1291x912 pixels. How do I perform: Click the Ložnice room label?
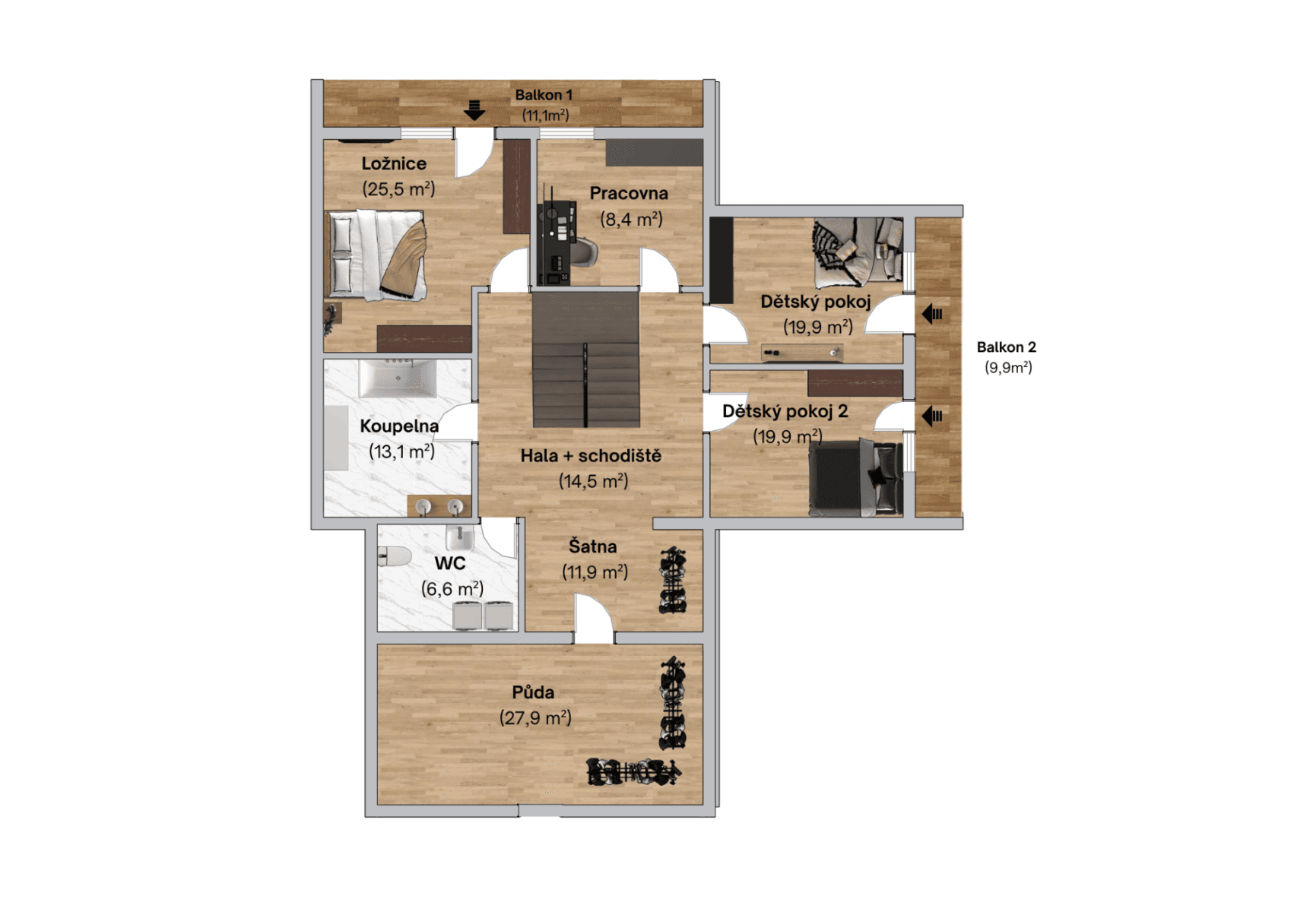[x=393, y=163]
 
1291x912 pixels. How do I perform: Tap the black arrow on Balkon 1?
[x=474, y=110]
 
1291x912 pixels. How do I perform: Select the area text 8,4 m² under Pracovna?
[x=631, y=220]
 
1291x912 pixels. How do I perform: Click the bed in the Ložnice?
[x=376, y=255]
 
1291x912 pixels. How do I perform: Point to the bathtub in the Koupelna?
[x=398, y=378]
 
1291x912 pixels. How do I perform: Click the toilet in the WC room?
[x=393, y=557]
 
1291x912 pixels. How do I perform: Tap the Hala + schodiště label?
[x=591, y=456]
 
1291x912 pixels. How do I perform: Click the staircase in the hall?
[x=585, y=361]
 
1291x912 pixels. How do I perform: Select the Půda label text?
[x=533, y=692]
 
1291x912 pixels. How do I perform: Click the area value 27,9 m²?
[x=535, y=717]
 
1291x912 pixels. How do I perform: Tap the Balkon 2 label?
[x=1006, y=347]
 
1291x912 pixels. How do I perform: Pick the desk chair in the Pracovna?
[x=583, y=251]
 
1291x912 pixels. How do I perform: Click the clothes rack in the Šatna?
[x=672, y=581]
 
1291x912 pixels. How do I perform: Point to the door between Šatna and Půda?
[x=594, y=619]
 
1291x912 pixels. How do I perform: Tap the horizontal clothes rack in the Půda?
[x=633, y=772]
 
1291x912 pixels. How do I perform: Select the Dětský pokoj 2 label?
[x=785, y=411]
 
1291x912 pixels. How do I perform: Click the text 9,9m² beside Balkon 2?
[x=1008, y=368]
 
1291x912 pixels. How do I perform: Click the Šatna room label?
[x=592, y=546]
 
